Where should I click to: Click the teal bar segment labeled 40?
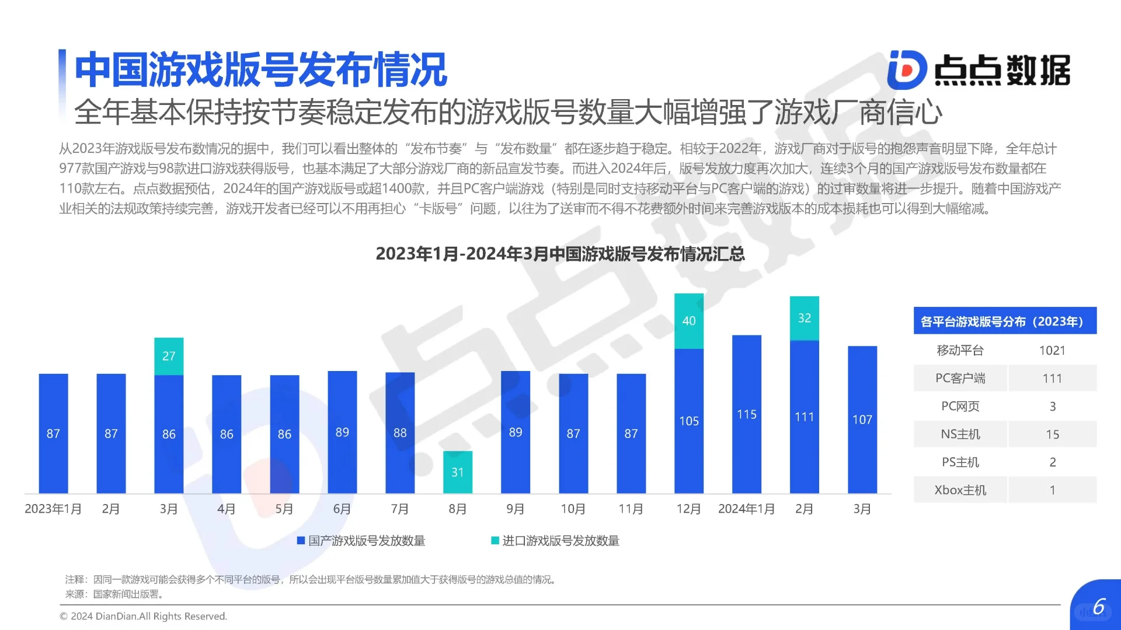(688, 321)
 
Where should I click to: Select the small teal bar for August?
(457, 472)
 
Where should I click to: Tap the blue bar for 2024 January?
(746, 414)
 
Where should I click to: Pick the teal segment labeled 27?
(169, 356)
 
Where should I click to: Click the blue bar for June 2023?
(342, 432)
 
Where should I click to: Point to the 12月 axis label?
(688, 509)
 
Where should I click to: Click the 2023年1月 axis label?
(53, 509)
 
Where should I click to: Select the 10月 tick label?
(573, 509)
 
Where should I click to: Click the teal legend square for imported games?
(495, 541)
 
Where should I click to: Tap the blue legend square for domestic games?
(301, 541)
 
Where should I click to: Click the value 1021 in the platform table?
(1052, 351)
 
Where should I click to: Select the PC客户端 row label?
(960, 379)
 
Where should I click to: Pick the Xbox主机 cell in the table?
(960, 490)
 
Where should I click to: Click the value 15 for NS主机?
(1052, 435)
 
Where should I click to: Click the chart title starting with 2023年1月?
(560, 254)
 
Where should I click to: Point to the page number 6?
(1099, 607)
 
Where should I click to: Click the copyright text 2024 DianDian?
(144, 617)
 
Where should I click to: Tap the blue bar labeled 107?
(862, 419)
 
